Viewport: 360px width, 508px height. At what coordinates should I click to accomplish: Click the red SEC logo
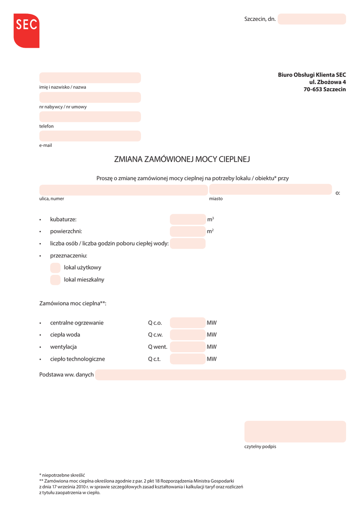[26, 30]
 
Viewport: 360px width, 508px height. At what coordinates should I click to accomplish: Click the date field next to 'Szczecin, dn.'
[311, 19]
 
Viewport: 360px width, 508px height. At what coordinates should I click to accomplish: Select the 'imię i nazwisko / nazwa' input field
[90, 78]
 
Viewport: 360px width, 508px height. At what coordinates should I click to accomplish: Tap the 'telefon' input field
[90, 117]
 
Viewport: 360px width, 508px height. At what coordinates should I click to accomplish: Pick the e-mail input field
[90, 136]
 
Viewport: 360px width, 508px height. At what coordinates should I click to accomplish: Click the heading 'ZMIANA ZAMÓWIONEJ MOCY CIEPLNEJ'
[182, 159]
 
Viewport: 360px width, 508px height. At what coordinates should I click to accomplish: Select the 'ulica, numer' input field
[123, 190]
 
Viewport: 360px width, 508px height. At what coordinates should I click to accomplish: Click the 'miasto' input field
[270, 190]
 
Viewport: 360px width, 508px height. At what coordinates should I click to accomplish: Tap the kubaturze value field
[187, 219]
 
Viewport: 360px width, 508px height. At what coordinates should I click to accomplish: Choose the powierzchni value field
[187, 231]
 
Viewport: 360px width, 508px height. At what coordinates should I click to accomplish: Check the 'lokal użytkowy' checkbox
[55, 268]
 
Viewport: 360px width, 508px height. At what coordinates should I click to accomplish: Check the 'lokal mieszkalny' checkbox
[55, 280]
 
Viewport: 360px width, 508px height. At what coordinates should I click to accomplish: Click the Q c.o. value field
[187, 323]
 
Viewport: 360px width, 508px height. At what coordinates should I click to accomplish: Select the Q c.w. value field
[187, 335]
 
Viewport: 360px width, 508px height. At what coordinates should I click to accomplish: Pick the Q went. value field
[187, 347]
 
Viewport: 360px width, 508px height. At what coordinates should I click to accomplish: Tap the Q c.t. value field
[187, 359]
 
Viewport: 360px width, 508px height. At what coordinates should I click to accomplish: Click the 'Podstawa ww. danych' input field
[220, 375]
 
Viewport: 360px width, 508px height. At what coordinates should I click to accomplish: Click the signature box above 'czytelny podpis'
[295, 432]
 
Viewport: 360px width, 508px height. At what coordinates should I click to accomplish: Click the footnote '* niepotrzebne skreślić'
[62, 475]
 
